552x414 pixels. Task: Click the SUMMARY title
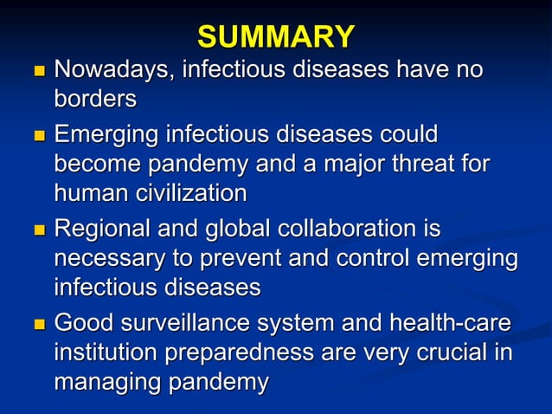pos(275,36)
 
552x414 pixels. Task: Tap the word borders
pos(95,100)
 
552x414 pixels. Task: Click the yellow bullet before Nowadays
pos(36,70)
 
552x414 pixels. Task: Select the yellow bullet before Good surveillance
pos(36,326)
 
